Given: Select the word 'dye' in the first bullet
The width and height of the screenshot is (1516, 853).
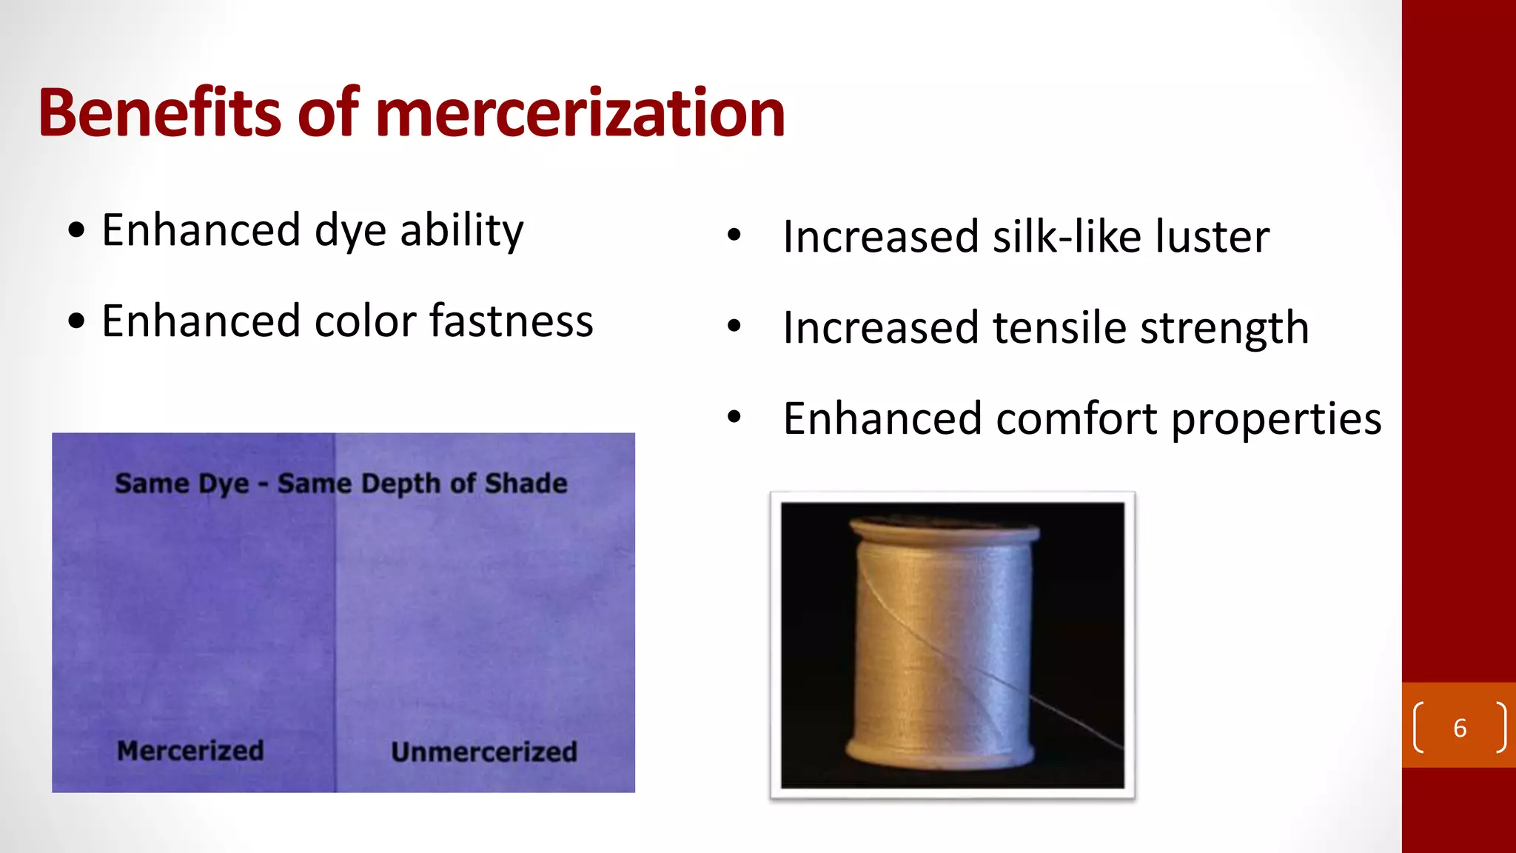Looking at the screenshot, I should click(350, 232).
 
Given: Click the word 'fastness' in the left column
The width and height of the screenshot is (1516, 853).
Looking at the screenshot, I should click(511, 321).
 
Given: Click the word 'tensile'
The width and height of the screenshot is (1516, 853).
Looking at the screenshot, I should click(1059, 327).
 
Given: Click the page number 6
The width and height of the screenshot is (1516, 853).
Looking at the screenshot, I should click(1460, 728).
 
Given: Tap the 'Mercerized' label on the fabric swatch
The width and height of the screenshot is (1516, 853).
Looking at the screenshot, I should click(190, 751).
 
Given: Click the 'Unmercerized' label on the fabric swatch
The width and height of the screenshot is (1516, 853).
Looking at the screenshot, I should click(484, 752).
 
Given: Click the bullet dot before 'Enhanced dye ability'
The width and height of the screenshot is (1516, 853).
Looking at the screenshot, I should click(76, 230).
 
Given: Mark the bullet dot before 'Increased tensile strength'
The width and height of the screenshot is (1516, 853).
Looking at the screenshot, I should click(734, 326).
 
